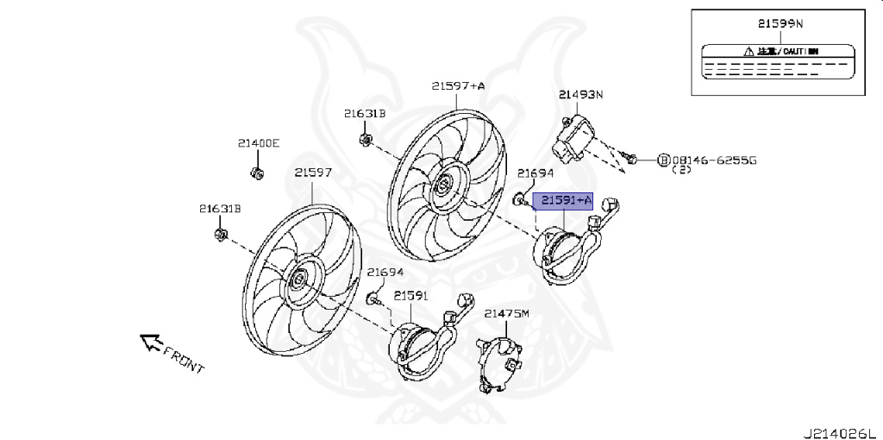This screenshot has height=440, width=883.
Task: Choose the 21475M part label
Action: [505, 314]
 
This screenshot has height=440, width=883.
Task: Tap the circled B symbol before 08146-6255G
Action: [663, 160]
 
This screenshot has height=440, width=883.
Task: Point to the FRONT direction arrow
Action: [152, 343]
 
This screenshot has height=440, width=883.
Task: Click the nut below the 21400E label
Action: [256, 173]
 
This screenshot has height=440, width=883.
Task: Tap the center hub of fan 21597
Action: [299, 279]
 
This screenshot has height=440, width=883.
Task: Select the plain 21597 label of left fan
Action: [312, 173]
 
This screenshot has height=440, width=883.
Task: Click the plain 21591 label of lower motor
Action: [410, 296]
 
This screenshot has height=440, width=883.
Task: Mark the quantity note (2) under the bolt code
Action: [680, 171]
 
